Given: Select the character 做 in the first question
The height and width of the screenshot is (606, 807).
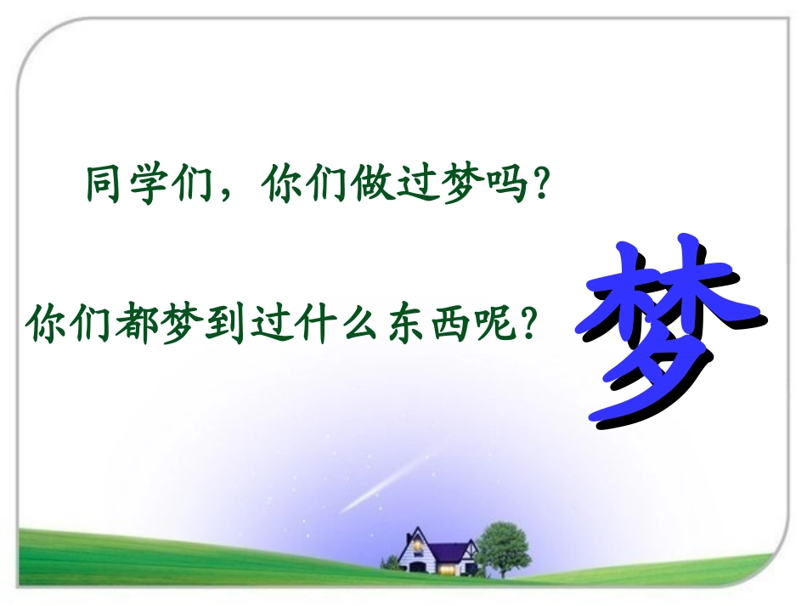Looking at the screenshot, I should pos(374,184).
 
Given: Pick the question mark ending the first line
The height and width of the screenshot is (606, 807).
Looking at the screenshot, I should pos(535,184).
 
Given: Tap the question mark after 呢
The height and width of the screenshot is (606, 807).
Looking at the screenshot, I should pos(527,322).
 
